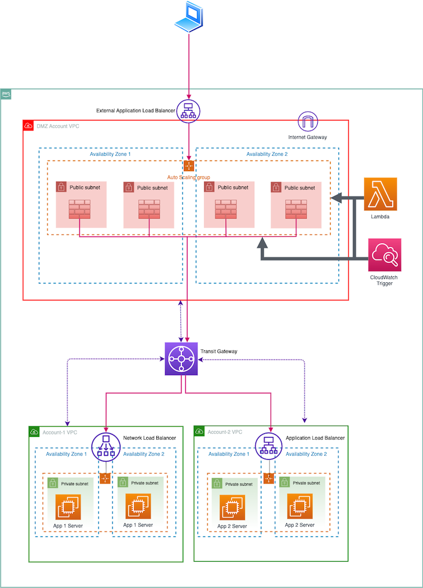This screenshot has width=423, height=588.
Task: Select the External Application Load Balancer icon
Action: (x=189, y=111)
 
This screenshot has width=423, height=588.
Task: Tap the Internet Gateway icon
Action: (x=308, y=122)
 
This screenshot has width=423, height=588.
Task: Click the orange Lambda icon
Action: (x=381, y=193)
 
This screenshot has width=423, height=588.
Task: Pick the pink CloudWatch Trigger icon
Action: (x=385, y=255)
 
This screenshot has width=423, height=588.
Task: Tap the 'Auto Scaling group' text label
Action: (x=189, y=177)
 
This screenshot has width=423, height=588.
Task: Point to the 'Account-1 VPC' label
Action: (x=61, y=432)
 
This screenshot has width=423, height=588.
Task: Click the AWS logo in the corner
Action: (x=6, y=95)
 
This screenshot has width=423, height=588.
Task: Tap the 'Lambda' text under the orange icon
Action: (x=380, y=216)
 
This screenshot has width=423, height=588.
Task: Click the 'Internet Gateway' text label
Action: (x=308, y=137)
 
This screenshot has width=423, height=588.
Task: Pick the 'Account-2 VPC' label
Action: (x=225, y=432)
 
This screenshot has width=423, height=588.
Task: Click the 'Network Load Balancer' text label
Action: (x=150, y=438)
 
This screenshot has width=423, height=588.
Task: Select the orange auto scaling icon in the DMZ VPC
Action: (x=189, y=166)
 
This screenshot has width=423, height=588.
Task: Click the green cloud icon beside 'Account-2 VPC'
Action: (x=200, y=432)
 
